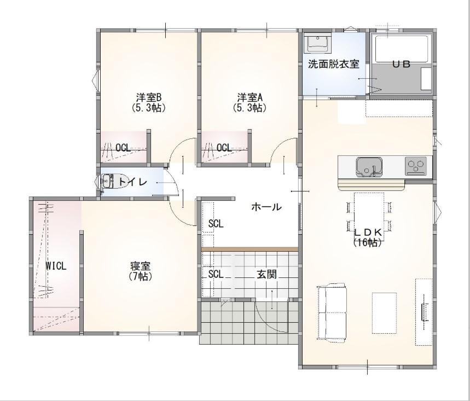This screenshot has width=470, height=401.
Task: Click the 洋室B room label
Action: [x=149, y=97]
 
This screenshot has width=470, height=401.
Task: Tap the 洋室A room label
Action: [x=250, y=97]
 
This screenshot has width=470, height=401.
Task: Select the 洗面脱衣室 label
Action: [x=334, y=64]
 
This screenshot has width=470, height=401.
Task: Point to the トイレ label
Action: [x=133, y=182]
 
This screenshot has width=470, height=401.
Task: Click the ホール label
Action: [x=266, y=206]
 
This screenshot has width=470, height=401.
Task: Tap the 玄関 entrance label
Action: [x=266, y=274]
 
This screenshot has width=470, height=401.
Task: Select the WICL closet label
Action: [x=56, y=266]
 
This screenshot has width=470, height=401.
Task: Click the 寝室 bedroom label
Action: [x=140, y=265]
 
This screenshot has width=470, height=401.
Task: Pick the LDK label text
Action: [x=368, y=233]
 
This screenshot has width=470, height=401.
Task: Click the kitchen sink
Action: [x=369, y=167]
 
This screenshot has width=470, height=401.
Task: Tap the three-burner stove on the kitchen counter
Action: [x=416, y=166]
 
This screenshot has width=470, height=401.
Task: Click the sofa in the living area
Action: [x=332, y=313]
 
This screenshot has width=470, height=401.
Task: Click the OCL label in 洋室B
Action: [x=123, y=148]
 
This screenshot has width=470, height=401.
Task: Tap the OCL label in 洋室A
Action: [x=224, y=148]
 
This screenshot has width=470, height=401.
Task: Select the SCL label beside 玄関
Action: [x=216, y=274]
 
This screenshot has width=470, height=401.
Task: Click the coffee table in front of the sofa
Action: [x=384, y=313]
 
